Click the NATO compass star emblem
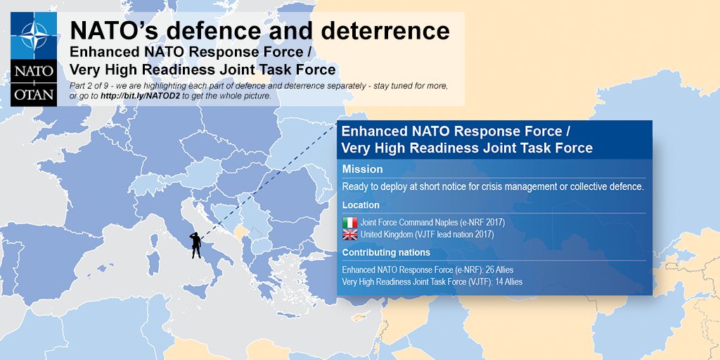point(34,36)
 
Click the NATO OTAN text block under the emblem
point(34,83)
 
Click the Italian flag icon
point(349,222)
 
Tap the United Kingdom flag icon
point(349,234)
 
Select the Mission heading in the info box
point(362,169)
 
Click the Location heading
point(361,205)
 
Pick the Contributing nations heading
point(385,252)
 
